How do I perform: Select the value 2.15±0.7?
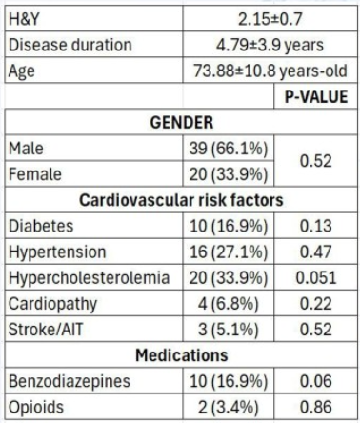(270, 19)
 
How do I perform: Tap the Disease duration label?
(70, 45)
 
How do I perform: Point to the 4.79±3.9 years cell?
(270, 45)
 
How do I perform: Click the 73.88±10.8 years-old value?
(270, 70)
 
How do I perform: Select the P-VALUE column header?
(316, 96)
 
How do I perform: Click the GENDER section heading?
(182, 123)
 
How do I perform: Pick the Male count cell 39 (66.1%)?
(229, 149)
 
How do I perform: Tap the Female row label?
(35, 174)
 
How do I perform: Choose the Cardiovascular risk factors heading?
(181, 200)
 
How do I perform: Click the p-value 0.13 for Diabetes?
(316, 226)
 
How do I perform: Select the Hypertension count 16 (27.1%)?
(229, 252)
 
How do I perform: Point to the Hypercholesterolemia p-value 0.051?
(316, 277)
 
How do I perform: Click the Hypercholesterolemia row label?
(89, 278)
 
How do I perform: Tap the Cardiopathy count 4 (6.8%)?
(229, 304)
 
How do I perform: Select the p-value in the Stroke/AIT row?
(316, 330)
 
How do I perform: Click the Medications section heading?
(182, 355)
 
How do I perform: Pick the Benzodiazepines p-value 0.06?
(316, 381)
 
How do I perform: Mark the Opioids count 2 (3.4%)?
(229, 407)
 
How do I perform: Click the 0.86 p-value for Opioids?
(316, 407)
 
